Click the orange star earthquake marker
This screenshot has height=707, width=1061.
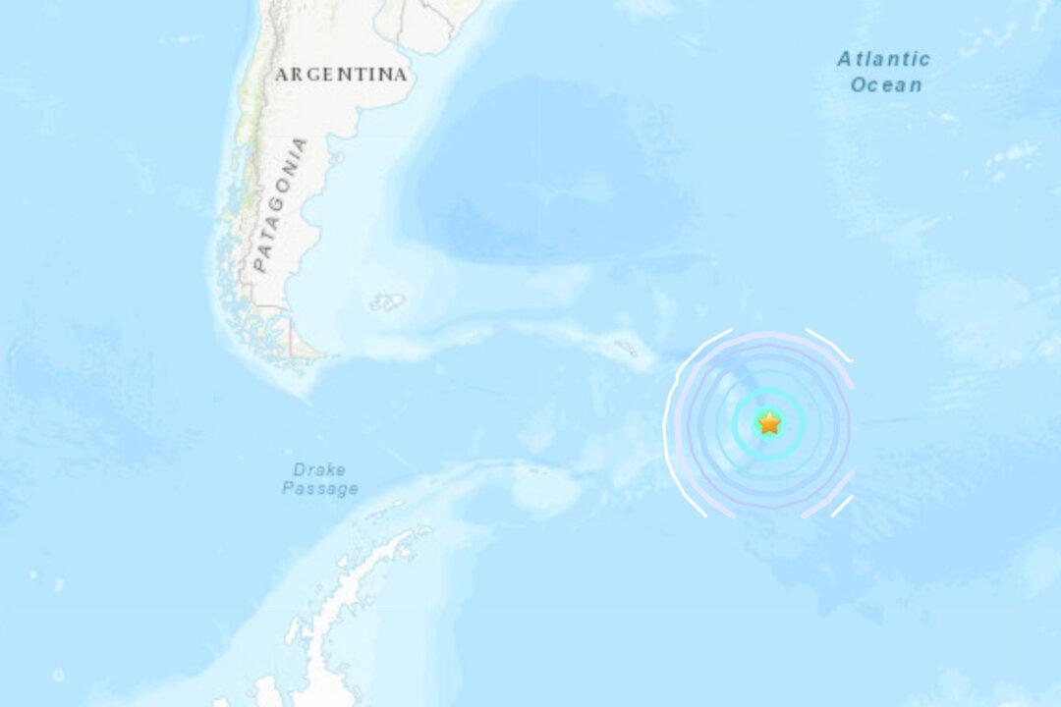(x=769, y=423)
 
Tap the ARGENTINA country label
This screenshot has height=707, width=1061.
(x=341, y=75)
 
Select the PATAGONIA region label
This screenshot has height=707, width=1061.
(x=280, y=204)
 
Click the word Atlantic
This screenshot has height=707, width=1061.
(x=883, y=60)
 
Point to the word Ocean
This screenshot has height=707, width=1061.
(x=886, y=85)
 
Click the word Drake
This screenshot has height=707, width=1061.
(x=319, y=469)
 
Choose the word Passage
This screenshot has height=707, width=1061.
(x=320, y=488)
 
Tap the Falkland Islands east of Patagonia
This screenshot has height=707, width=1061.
(x=387, y=302)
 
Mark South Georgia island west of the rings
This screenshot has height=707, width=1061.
(x=625, y=347)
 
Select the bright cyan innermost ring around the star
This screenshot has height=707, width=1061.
(x=769, y=390)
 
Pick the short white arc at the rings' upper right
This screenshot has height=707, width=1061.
(x=829, y=344)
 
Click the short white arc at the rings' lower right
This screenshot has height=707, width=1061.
(x=842, y=505)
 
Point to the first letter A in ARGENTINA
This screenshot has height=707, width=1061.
(x=282, y=75)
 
